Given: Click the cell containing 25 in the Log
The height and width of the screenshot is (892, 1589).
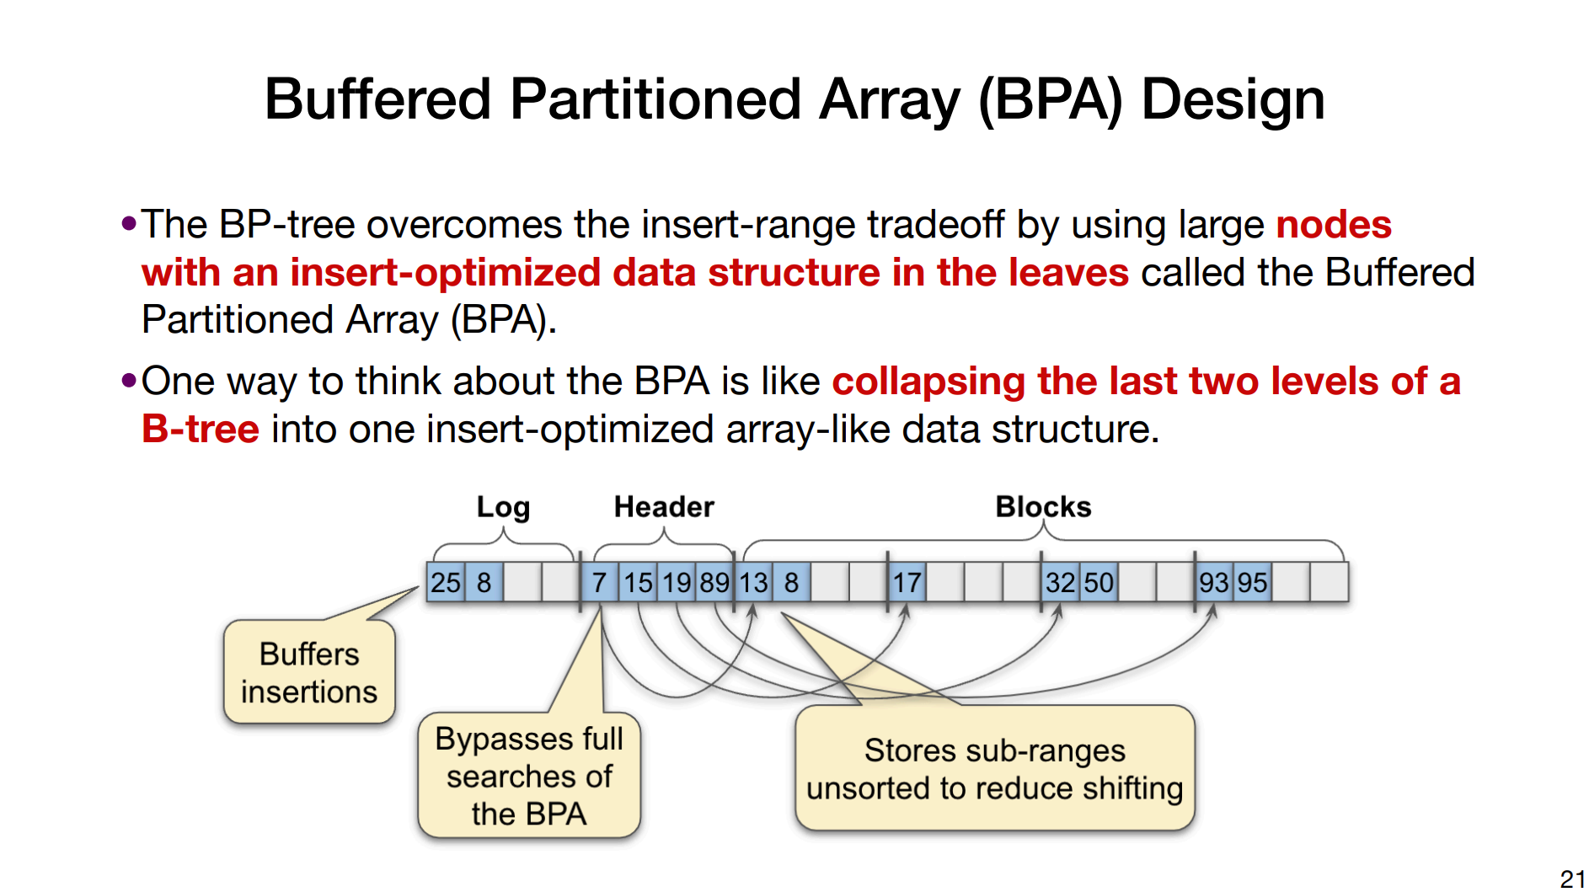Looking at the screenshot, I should pos(446,582).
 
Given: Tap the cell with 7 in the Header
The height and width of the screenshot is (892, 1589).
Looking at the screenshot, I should pos(599,582).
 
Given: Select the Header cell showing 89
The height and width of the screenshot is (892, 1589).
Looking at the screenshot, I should pos(714,582).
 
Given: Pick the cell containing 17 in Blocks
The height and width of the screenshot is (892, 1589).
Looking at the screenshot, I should pos(907,582).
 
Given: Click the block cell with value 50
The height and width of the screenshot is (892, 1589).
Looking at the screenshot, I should pos(1099,582).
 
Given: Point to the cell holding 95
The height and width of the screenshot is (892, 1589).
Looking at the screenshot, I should pos(1252,582).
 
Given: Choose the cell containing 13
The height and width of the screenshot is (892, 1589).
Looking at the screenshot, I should pos(753,582).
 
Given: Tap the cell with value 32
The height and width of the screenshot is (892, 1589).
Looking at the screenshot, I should pos(1061,582).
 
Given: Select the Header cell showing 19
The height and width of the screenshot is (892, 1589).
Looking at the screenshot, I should pos(677,582).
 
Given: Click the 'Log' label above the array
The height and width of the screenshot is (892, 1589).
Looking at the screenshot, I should pos(503,507).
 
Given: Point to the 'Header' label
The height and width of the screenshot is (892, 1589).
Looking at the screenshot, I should pos(664,507).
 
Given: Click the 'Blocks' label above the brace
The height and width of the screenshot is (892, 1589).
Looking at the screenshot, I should pos(1043,507).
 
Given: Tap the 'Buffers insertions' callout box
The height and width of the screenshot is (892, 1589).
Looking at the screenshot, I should pos(309,672).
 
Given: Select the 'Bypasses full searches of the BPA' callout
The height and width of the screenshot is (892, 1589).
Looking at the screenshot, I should pos(529,776).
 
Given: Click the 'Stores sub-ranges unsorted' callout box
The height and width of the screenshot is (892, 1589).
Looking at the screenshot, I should pos(994,768).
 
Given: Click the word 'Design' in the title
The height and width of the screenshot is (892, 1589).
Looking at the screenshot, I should pos(1233,99).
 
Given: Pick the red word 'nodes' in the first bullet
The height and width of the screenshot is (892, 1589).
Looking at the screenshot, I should pos(1334,225).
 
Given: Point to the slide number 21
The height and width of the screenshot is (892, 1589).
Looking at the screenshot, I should pos(1572,879).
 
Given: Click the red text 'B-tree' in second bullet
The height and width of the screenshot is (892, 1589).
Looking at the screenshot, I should pos(201,430).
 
